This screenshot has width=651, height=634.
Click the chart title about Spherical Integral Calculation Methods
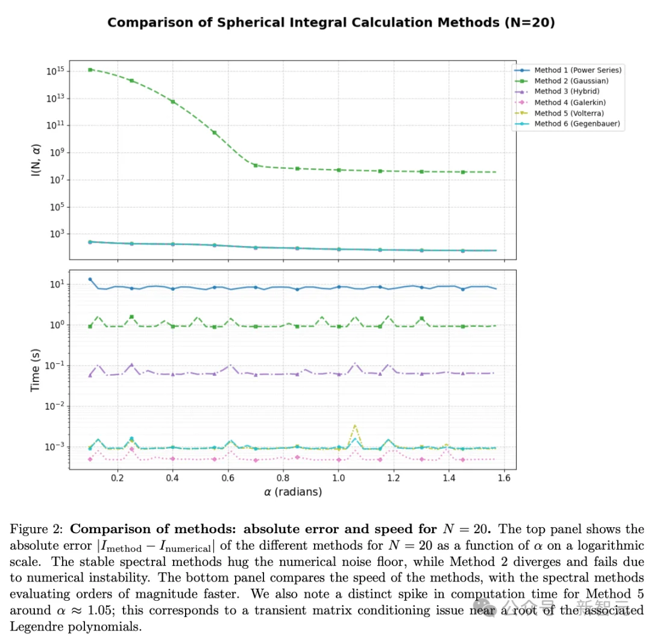[330, 23]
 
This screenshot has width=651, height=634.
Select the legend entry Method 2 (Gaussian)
[571, 81]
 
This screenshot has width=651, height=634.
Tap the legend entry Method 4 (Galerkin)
[570, 103]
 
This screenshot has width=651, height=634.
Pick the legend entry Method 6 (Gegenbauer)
[576, 124]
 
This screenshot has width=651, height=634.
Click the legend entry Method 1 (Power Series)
[577, 70]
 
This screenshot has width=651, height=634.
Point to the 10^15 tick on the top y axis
[57, 72]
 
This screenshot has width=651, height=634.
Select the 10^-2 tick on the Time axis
[55, 406]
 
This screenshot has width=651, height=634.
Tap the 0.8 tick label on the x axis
[283, 478]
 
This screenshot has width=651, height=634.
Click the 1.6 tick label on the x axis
[504, 478]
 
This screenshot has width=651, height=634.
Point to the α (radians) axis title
[293, 492]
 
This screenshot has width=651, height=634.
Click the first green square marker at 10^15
[90, 70]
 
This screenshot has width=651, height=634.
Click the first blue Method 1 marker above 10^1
[90, 279]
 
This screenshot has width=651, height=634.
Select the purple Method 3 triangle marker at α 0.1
[90, 375]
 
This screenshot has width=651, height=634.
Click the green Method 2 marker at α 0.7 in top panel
[256, 165]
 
